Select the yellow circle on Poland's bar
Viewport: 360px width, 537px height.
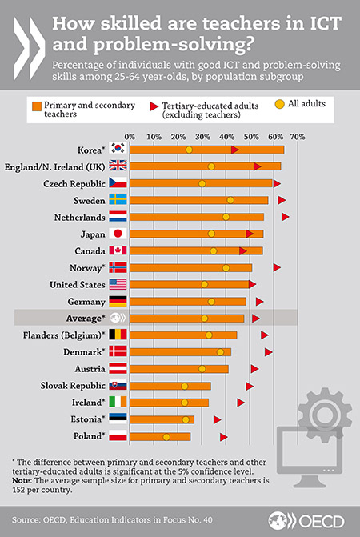pyautogui.click(x=166, y=437)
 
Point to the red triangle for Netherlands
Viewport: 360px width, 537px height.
pyautogui.click(x=285, y=217)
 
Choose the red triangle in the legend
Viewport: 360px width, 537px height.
pyautogui.click(x=153, y=105)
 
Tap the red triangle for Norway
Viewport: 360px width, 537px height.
pyautogui.click(x=277, y=267)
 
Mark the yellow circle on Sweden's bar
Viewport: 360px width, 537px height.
pyautogui.click(x=230, y=200)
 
